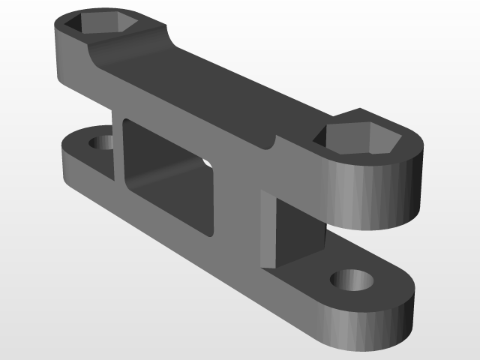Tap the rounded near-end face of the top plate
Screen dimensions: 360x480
pos(375,195)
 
